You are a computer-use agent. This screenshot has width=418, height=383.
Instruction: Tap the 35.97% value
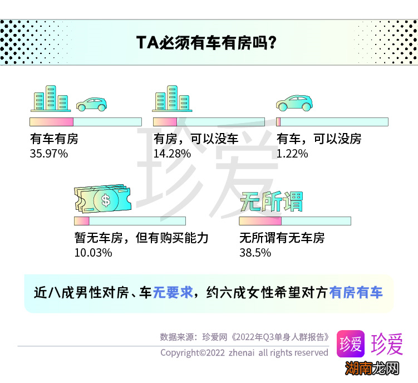(48, 153)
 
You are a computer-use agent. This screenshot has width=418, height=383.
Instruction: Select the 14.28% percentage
(172, 153)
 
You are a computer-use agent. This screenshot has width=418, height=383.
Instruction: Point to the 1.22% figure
(292, 153)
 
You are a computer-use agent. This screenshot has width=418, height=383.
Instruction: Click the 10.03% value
(93, 252)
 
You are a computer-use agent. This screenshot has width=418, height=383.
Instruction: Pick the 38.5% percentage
(255, 252)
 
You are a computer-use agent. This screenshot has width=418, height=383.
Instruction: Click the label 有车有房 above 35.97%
(54, 139)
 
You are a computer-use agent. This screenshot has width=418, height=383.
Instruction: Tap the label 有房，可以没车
(196, 139)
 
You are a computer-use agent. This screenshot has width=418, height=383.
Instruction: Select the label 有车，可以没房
(319, 139)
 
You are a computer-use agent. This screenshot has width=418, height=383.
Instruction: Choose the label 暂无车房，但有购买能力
(141, 238)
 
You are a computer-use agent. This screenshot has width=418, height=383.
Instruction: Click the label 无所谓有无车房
(282, 238)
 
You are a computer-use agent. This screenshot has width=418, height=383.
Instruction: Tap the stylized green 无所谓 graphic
(271, 202)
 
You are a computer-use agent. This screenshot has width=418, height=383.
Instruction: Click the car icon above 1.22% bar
(294, 102)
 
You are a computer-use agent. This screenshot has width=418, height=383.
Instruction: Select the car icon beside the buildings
(91, 104)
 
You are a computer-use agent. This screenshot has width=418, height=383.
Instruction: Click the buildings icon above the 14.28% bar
(172, 99)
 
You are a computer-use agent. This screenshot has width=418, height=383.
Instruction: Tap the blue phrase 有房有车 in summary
(356, 292)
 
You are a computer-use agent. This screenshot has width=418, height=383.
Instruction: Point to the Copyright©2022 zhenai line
(244, 352)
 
